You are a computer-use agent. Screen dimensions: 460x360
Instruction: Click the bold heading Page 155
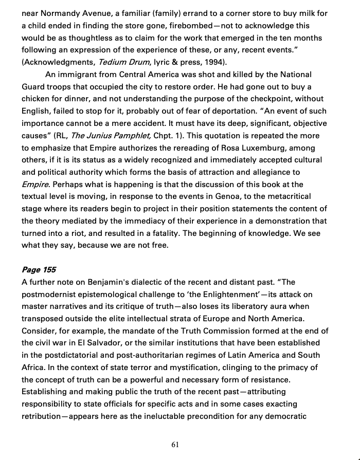pyautogui.click(x=39, y=270)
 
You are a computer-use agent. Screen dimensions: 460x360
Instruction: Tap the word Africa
pyautogui.click(x=33, y=368)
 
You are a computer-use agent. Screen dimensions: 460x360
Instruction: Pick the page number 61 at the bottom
pyautogui.click(x=175, y=445)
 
